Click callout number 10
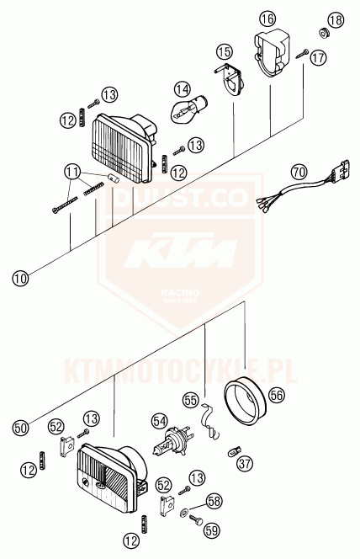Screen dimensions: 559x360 pyautogui.click(x=19, y=275)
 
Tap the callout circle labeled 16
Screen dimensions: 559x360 pyautogui.click(x=267, y=19)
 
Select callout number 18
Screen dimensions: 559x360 pyautogui.click(x=336, y=19)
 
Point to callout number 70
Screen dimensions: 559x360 pyautogui.click(x=298, y=171)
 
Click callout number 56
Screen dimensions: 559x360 pyautogui.click(x=277, y=392)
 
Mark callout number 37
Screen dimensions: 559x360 pyautogui.click(x=245, y=462)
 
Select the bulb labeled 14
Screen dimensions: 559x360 pyautogui.click(x=188, y=109)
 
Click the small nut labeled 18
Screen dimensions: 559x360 pyautogui.click(x=322, y=34)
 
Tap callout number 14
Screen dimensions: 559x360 pyautogui.click(x=183, y=87)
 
